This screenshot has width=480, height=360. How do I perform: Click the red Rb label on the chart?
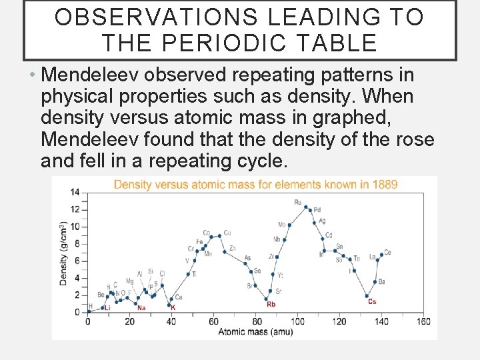pyautogui.click(x=271, y=305)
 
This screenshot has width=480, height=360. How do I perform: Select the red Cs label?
pyautogui.click(x=372, y=301)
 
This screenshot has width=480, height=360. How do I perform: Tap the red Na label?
pyautogui.click(x=141, y=308)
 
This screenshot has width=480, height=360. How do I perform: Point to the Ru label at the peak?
pyautogui.click(x=298, y=202)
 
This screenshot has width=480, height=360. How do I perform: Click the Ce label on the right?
pyautogui.click(x=387, y=253)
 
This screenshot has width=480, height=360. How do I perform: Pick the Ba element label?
pyautogui.click(x=381, y=282)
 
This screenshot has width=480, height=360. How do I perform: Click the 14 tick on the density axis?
pyautogui.click(x=75, y=192)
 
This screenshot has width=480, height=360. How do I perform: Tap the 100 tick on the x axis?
pyautogui.click(x=297, y=321)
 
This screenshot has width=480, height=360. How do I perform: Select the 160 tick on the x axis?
pyautogui.click(x=423, y=321)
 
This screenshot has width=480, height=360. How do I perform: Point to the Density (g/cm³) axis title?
pyautogui.click(x=63, y=253)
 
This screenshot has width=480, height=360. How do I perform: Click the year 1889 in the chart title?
pyautogui.click(x=385, y=184)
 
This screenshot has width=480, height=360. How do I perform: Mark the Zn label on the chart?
pyautogui.click(x=232, y=249)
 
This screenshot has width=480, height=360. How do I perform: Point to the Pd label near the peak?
pyautogui.click(x=317, y=210)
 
